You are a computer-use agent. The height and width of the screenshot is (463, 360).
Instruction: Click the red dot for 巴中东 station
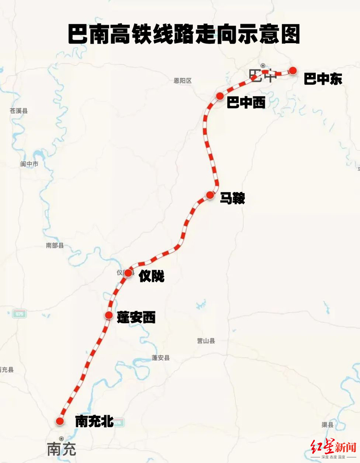(293, 70)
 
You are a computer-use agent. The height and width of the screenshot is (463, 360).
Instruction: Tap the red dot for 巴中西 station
(220, 96)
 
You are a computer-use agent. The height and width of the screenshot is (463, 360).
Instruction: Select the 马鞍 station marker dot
(210, 195)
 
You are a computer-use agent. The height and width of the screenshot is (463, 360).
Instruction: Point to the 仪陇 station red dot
(128, 272)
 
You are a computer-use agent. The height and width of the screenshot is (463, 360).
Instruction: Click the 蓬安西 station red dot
(109, 315)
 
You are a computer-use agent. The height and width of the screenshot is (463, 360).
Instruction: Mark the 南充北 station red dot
(60, 421)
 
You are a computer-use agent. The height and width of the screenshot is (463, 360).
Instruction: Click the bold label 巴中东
(322, 80)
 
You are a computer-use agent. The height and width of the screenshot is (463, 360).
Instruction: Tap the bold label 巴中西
(246, 103)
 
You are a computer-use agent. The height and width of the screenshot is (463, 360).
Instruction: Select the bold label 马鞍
(232, 198)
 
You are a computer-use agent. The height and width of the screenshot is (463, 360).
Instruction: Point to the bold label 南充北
(94, 422)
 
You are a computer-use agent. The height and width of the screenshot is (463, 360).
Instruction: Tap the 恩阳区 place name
(183, 81)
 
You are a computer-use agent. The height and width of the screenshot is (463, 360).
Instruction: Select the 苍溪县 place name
(19, 110)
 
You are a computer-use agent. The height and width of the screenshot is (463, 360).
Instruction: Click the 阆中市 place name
(29, 164)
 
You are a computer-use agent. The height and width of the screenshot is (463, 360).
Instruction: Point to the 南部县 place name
(55, 246)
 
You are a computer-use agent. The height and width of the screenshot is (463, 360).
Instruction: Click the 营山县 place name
(206, 341)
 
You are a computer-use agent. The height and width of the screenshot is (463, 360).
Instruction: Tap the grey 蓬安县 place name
(160, 358)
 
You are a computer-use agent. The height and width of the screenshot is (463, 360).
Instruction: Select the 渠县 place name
(328, 425)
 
